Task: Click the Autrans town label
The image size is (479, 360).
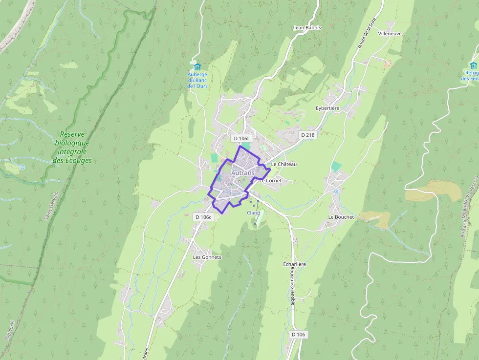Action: [x=242, y=173]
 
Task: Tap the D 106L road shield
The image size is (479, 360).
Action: [x=241, y=138]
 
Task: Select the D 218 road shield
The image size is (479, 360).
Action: [x=308, y=135]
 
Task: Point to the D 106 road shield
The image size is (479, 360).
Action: [x=298, y=335]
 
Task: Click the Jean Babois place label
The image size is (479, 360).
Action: [x=307, y=28]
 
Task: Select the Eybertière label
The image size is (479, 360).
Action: [x=327, y=108]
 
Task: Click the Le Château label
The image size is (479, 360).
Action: [x=283, y=164]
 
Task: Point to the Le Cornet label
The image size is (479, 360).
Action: [x=270, y=180]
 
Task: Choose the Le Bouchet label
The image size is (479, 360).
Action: [x=341, y=217]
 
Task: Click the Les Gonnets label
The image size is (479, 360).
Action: [x=207, y=257]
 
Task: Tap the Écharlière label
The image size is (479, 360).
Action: [x=294, y=264]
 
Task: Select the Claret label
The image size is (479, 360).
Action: [x=254, y=213]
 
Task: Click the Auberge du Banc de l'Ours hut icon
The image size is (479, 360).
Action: [x=197, y=66]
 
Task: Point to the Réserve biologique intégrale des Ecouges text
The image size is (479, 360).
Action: [x=72, y=147]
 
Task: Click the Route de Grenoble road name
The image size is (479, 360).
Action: [x=292, y=287]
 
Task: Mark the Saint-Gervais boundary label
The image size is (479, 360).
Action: [x=50, y=205]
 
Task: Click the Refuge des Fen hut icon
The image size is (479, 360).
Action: [x=473, y=65]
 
